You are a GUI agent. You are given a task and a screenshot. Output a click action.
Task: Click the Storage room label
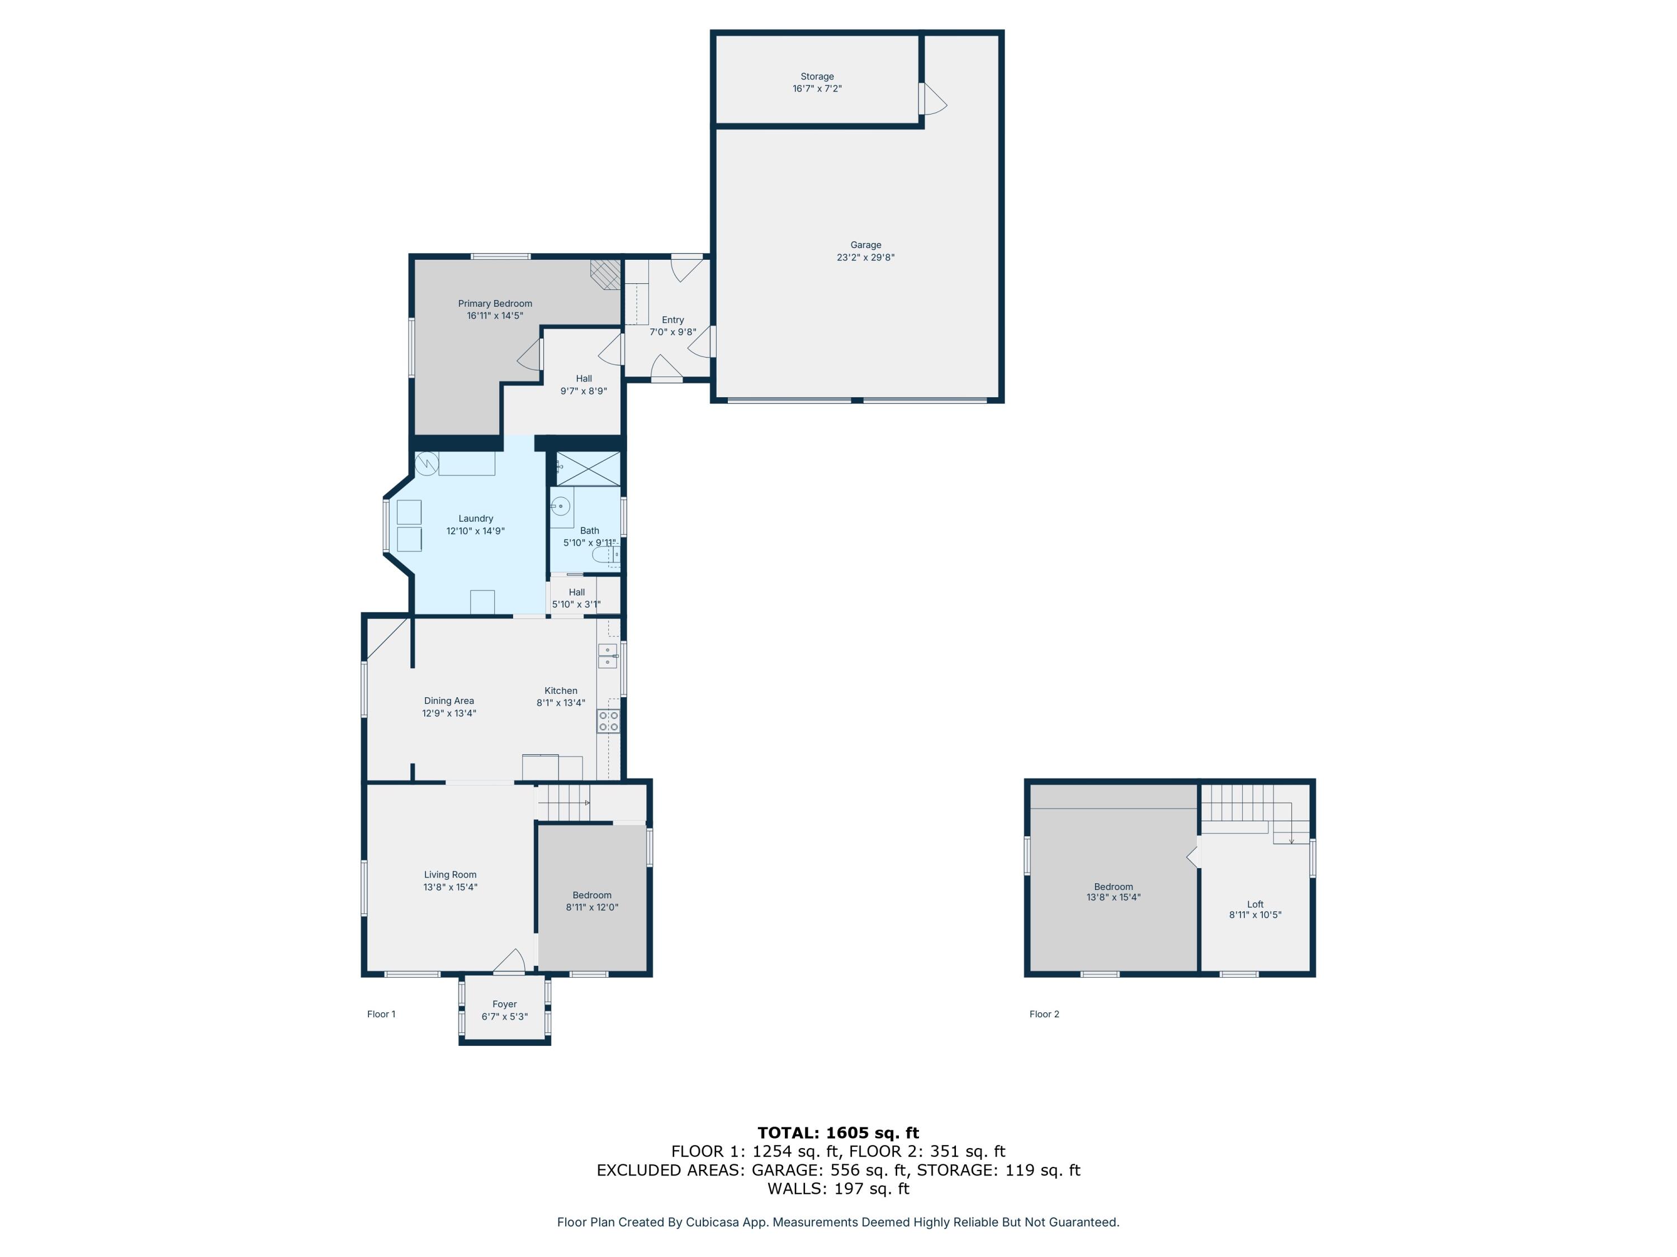click(817, 77)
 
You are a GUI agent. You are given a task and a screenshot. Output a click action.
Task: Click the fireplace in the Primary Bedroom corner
click(607, 274)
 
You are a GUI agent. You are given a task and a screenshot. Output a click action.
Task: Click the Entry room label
click(672, 320)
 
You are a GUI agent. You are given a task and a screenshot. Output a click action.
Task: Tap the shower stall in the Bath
click(588, 468)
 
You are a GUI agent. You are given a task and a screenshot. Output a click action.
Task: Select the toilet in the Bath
click(606, 557)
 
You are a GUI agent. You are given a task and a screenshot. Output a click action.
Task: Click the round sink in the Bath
click(560, 506)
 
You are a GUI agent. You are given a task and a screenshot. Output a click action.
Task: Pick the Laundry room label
click(475, 519)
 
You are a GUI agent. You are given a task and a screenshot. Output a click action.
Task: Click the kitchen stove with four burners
click(608, 721)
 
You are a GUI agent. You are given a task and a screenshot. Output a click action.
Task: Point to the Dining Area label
click(449, 701)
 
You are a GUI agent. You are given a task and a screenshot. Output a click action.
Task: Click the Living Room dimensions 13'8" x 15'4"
click(451, 887)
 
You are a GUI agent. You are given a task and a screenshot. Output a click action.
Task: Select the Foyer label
click(504, 1004)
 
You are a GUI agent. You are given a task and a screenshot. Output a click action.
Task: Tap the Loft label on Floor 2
click(1255, 904)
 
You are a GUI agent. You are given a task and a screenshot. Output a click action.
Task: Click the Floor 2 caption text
click(1044, 1014)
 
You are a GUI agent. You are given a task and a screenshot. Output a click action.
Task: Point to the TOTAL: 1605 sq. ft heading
click(838, 1133)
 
